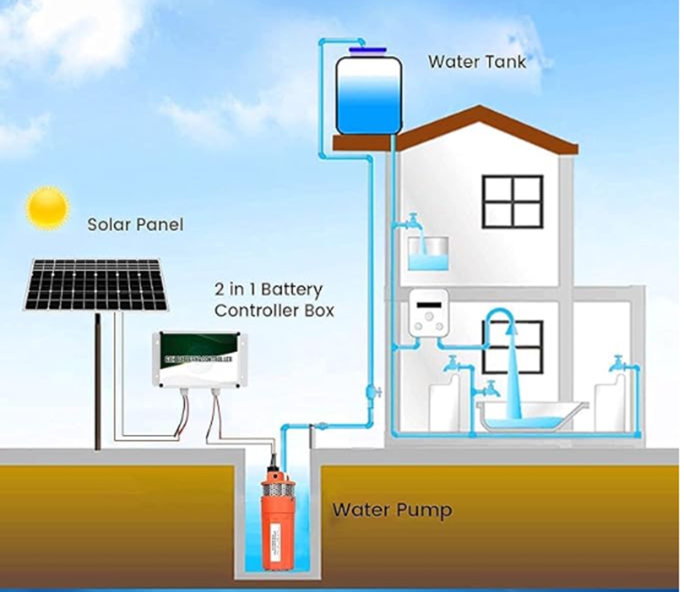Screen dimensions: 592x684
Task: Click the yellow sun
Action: click(47, 208)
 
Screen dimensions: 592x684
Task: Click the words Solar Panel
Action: click(135, 224)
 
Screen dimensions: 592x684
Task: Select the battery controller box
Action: click(197, 359)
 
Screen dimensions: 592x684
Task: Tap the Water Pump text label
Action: click(392, 510)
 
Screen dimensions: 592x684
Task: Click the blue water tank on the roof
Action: click(368, 96)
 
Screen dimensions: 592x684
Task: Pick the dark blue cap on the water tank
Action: click(367, 50)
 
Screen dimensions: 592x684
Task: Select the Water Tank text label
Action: click(477, 62)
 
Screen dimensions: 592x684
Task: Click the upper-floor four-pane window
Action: click(512, 202)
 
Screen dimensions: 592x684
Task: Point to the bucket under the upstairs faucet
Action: click(428, 254)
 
